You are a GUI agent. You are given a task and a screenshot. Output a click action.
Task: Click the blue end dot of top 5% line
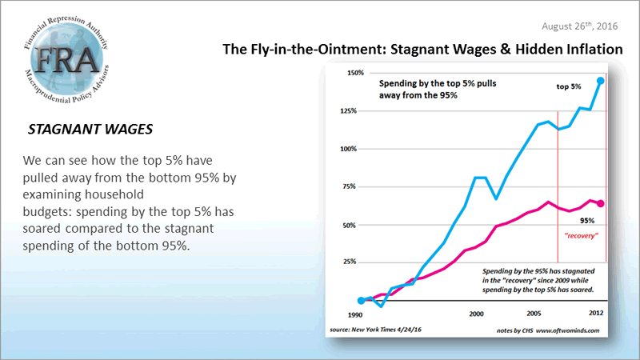click(x=601, y=81)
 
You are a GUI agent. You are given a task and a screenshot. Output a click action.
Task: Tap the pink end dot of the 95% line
click(x=601, y=203)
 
